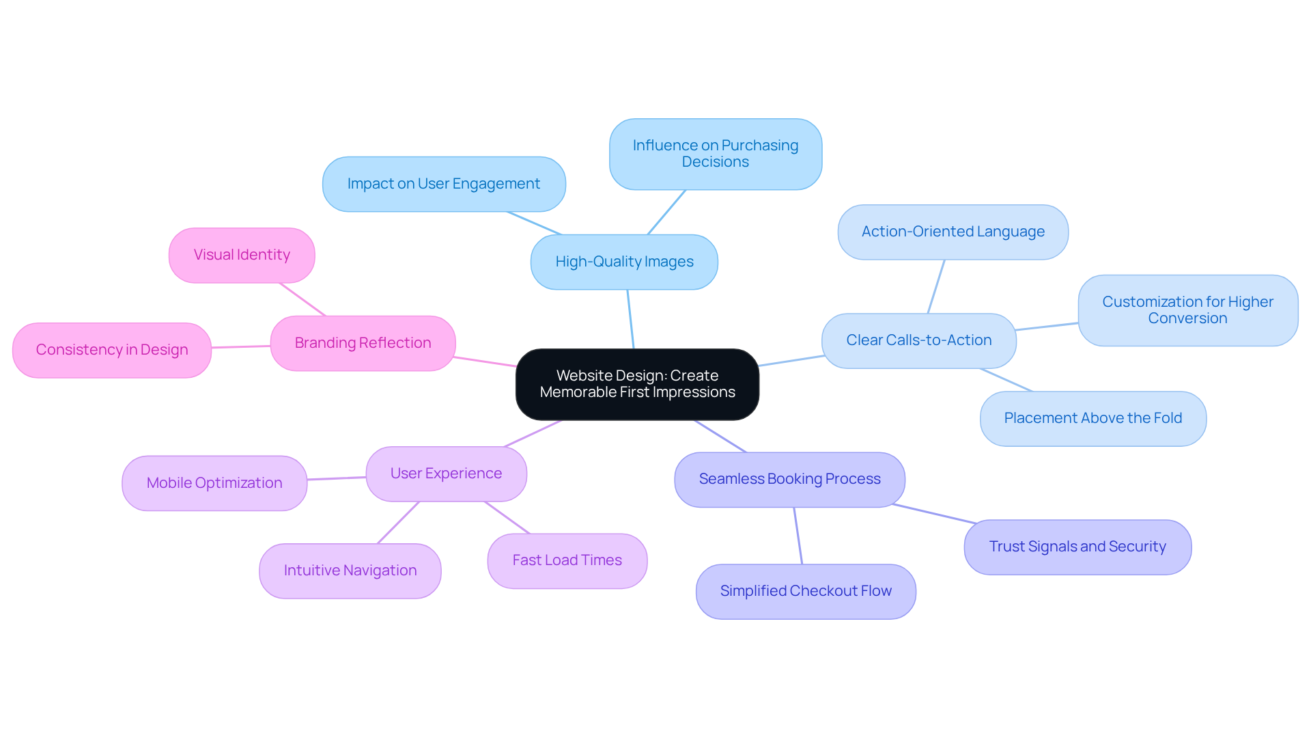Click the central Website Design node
click(x=637, y=384)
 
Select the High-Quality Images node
click(x=624, y=262)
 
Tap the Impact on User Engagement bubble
click(x=444, y=184)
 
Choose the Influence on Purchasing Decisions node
click(x=715, y=154)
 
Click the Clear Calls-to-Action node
click(x=918, y=340)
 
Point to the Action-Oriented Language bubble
click(x=953, y=232)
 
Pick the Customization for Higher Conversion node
click(x=1187, y=310)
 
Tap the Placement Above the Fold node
click(x=1092, y=418)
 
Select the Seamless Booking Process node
click(x=789, y=479)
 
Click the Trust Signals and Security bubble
click(x=1077, y=547)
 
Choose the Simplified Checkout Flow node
click(x=806, y=591)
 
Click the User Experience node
click(x=446, y=474)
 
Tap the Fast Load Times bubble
click(x=567, y=560)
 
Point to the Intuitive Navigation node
click(x=350, y=571)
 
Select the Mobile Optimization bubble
click(x=214, y=483)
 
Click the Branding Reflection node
click(x=363, y=343)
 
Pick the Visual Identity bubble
click(x=242, y=255)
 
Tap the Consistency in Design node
click(x=112, y=350)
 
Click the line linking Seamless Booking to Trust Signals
click(x=934, y=514)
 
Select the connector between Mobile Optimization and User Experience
click(x=337, y=478)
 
